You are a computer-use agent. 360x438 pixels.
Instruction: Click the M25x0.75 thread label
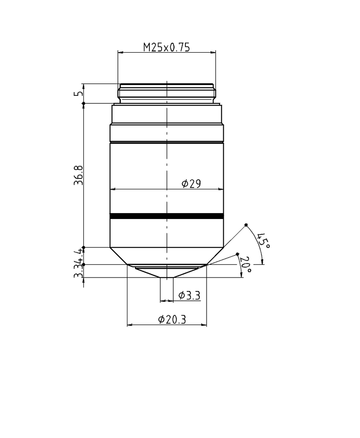pyautogui.click(x=166, y=47)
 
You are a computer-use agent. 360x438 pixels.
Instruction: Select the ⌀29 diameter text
pyautogui.click(x=191, y=183)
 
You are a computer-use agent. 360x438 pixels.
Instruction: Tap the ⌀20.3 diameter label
pyautogui.click(x=172, y=319)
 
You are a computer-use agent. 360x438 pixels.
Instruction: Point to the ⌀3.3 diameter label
pyautogui.click(x=189, y=295)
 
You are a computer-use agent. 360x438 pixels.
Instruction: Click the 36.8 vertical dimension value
pyautogui.click(x=79, y=175)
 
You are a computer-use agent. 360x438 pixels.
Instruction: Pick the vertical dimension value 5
pyautogui.click(x=80, y=94)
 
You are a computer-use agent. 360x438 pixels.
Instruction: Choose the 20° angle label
pyautogui.click(x=246, y=265)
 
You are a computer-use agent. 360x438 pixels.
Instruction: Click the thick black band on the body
pyautogui.click(x=166, y=216)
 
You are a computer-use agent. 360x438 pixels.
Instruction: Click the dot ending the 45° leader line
pyautogui.click(x=246, y=225)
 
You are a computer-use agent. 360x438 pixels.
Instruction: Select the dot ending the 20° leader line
pyautogui.click(x=238, y=255)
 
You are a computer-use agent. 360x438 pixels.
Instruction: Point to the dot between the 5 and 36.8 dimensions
pyautogui.click(x=84, y=104)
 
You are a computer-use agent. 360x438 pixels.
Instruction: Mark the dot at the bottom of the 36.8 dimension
pyautogui.click(x=84, y=247)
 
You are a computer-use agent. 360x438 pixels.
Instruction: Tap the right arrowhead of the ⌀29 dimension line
pyautogui.click(x=220, y=189)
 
